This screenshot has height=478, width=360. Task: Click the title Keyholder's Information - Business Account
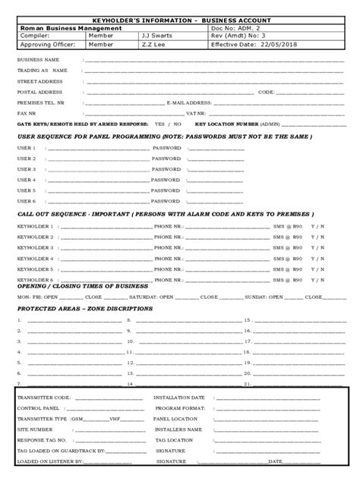click(180, 18)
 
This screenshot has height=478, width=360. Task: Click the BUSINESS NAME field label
click(38, 59)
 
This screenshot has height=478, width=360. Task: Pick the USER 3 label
click(27, 169)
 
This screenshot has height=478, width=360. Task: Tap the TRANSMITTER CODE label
click(44, 398)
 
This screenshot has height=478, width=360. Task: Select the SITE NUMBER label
click(35, 429)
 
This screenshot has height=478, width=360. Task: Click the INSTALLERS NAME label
click(178, 429)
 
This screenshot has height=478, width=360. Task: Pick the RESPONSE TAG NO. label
click(42, 440)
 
